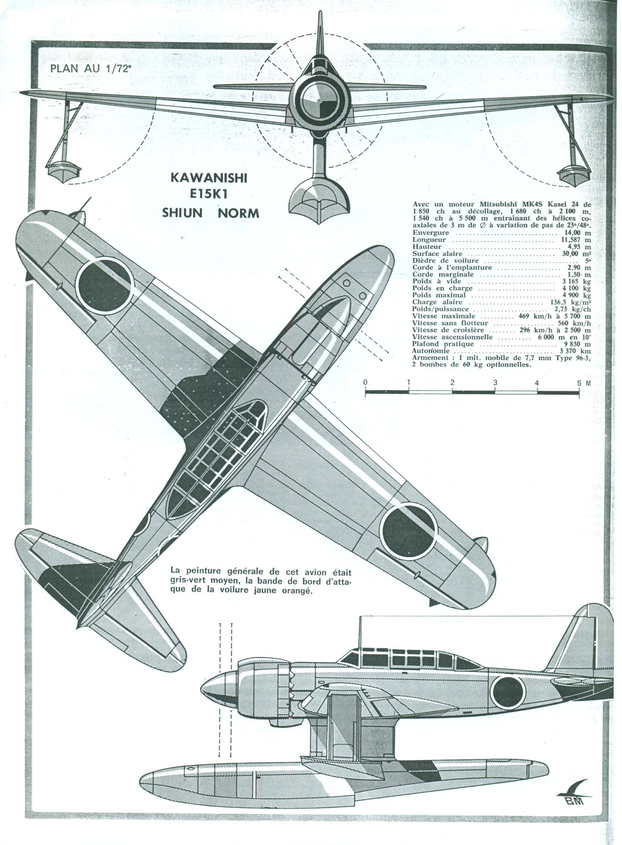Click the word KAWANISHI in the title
pos(209,178)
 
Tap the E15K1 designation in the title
pos(209,195)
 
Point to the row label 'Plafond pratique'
pos(438,344)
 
